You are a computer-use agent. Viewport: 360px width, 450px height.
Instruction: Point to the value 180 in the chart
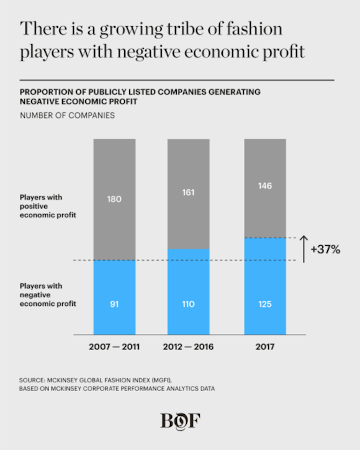[114, 199]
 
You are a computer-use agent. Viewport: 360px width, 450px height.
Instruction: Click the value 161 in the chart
[188, 193]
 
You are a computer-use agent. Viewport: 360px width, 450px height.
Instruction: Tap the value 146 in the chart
[265, 186]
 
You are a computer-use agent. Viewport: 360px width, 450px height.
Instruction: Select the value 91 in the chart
[114, 304]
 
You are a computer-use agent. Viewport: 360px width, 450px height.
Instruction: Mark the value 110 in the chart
[188, 304]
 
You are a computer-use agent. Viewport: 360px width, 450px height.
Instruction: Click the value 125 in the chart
[265, 304]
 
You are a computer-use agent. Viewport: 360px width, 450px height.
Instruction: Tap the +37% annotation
[325, 249]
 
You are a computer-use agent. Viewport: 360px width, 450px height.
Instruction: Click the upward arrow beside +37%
[304, 249]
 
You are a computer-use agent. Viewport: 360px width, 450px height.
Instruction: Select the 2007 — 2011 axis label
[114, 347]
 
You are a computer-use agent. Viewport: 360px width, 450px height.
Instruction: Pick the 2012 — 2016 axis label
[188, 347]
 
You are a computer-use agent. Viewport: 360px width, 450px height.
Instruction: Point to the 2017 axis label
[265, 347]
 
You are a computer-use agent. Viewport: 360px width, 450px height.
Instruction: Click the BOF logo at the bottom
[180, 420]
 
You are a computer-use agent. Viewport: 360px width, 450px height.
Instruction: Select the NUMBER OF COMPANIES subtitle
[67, 116]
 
